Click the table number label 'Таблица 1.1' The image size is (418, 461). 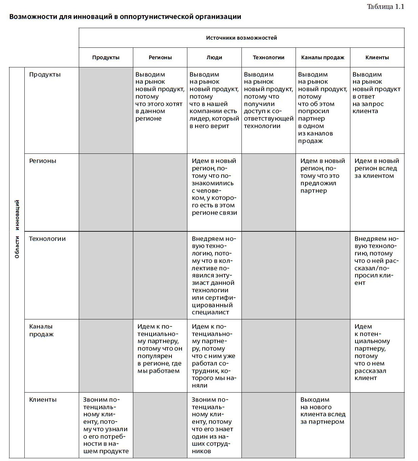point(385,7)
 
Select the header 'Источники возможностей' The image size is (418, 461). point(241,38)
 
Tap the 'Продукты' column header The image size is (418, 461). point(106,58)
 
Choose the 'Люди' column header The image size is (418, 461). point(214,58)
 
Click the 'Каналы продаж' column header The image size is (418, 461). point(323,58)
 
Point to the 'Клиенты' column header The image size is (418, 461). point(377,58)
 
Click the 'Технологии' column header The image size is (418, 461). point(269,58)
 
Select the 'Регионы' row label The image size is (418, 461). point(43,161)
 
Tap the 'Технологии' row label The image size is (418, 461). point(47,239)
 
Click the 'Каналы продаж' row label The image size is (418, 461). point(41,330)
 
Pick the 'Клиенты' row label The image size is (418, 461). point(43,400)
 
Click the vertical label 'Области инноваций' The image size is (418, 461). point(17,229)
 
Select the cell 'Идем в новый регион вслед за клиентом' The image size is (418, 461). point(376,168)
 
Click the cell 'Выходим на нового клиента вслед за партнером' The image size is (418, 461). point(323,411)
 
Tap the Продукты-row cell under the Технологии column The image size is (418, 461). point(268,100)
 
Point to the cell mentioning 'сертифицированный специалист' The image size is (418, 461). point(214,275)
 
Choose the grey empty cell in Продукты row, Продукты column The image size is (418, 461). point(106,110)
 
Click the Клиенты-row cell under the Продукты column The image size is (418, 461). point(106,425)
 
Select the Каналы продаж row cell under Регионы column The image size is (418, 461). point(160,349)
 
